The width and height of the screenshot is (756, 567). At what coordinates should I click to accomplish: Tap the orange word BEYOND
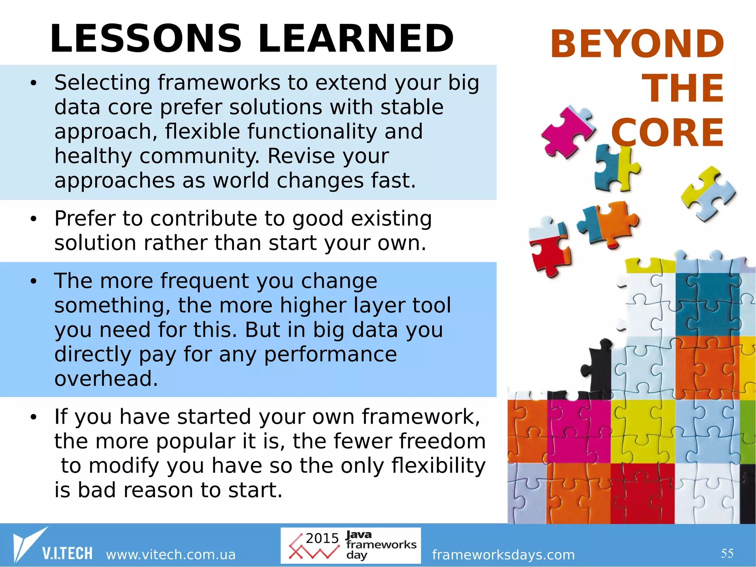point(637,44)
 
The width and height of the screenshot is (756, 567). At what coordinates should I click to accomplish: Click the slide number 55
point(727,553)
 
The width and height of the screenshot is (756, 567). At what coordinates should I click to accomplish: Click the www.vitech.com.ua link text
point(171,554)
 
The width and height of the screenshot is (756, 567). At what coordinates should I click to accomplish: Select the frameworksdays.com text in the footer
point(503,554)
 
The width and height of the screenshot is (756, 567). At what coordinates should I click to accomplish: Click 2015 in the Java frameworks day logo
point(322,538)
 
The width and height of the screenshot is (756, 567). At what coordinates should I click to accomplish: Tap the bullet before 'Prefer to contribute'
point(34,219)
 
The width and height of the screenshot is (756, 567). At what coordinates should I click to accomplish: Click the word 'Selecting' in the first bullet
point(102,83)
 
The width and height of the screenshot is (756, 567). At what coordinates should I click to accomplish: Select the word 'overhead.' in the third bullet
point(106,379)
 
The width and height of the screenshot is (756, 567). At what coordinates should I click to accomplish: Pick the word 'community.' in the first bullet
point(200,156)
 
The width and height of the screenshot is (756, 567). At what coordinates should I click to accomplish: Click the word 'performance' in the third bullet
point(330,354)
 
